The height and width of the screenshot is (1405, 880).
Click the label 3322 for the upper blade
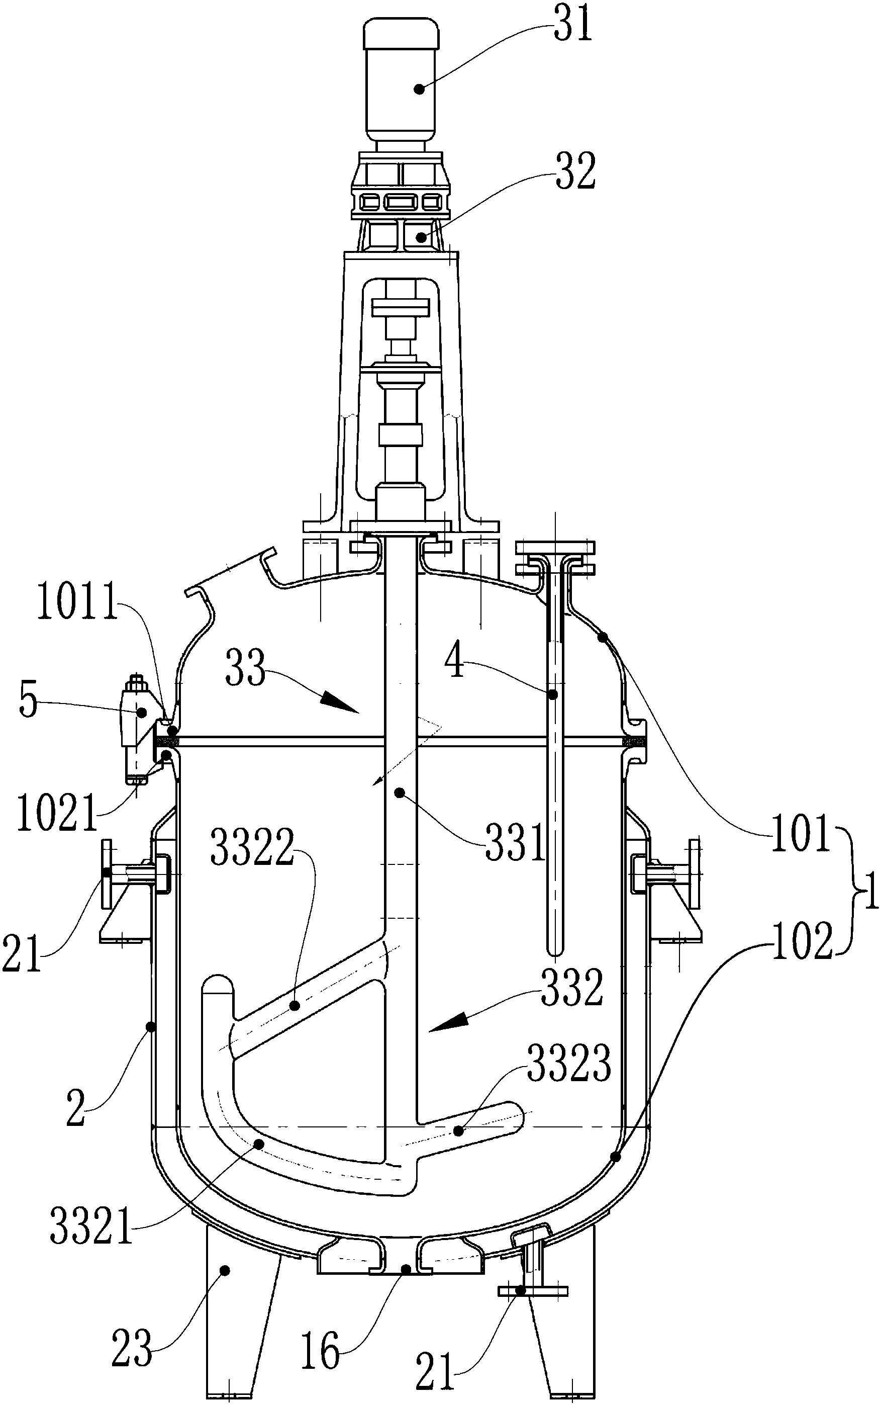(x=251, y=847)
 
